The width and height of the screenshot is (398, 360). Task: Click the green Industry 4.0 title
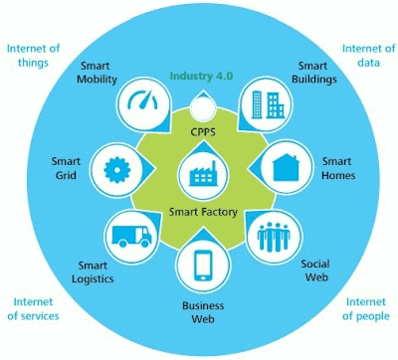[201, 76]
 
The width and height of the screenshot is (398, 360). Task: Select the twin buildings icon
[268, 104]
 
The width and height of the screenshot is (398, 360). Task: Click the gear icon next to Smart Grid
[116, 170]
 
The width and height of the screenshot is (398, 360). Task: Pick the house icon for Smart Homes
[286, 167]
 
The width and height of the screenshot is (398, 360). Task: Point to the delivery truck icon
[131, 237]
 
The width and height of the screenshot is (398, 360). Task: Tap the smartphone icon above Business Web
[203, 266]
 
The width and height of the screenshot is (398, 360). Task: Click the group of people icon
[274, 237]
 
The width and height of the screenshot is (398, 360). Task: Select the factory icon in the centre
[203, 174]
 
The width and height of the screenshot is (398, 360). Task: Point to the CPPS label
[203, 132]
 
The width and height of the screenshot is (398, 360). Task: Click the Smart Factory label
[203, 212]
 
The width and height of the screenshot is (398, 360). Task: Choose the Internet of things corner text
[33, 56]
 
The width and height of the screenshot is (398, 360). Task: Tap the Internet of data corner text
[369, 56]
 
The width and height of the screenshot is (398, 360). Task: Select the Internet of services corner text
[33, 309]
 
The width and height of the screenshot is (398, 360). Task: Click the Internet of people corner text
[366, 309]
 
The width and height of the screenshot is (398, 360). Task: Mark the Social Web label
[315, 270]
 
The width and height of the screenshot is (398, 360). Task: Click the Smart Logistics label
[93, 272]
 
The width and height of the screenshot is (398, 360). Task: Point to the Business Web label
[203, 312]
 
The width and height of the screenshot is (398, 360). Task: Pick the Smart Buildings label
[313, 73]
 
